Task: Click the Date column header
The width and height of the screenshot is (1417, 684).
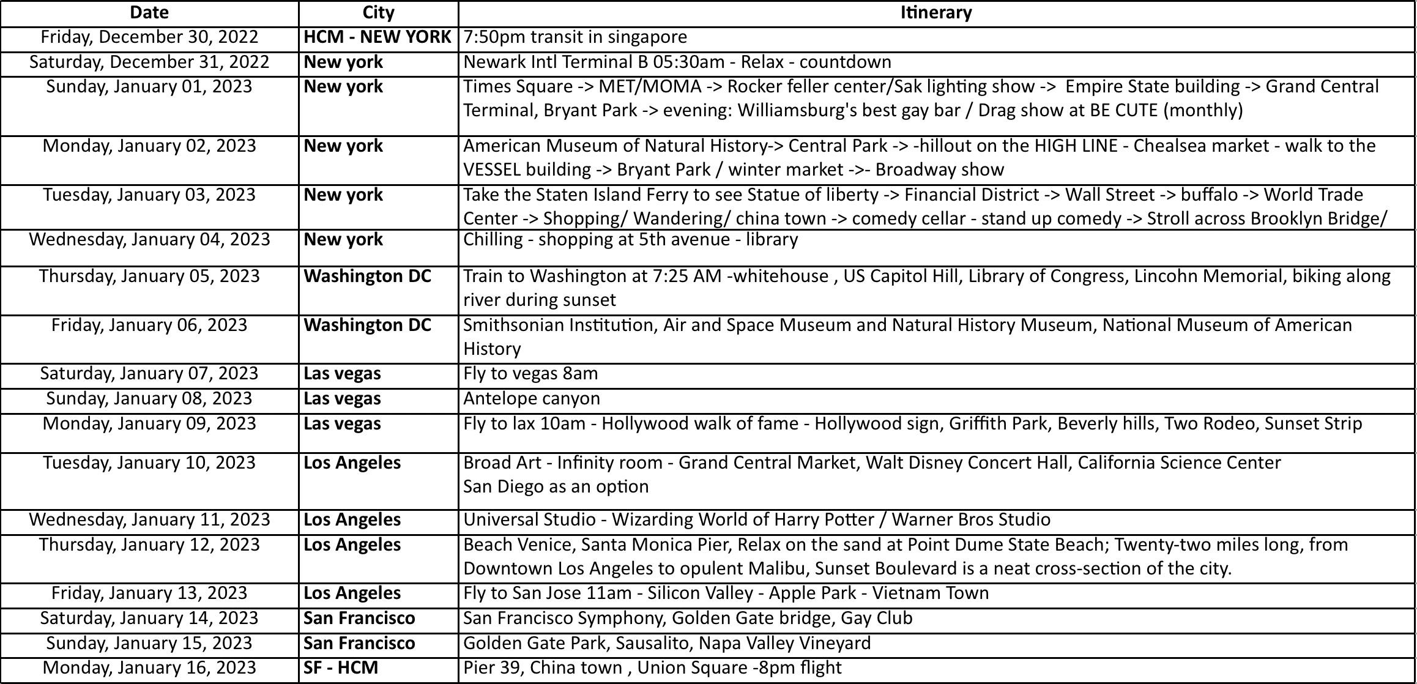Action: coord(149,13)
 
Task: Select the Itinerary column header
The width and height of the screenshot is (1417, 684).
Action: coord(936,13)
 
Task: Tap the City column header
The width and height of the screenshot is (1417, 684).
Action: coord(378,13)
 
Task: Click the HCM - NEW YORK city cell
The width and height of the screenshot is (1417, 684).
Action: coord(377,37)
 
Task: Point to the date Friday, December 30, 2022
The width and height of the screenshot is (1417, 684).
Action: coord(149,37)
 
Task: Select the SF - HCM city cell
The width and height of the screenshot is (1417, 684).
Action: coord(341,667)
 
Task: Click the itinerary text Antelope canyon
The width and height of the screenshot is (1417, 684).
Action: coord(531,399)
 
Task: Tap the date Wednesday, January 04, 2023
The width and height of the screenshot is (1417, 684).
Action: coord(149,239)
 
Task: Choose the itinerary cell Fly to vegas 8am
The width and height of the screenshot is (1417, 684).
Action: coord(530,374)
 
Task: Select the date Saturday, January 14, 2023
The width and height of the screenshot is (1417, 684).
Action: coord(149,618)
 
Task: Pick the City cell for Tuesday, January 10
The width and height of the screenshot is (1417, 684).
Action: coord(352,463)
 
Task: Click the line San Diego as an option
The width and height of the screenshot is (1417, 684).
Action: coord(556,487)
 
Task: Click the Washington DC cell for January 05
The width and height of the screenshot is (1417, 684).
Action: coord(367,277)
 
